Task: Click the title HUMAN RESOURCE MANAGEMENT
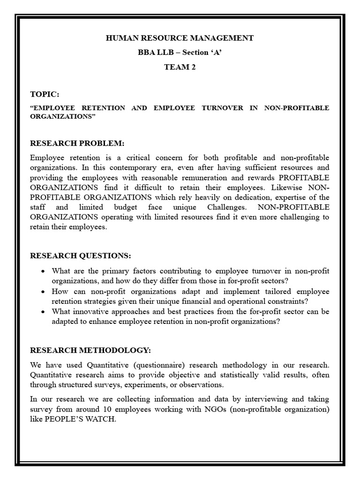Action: point(180,38)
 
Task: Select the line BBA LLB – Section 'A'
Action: point(180,52)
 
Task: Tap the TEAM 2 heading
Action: point(180,67)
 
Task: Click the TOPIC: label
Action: point(45,94)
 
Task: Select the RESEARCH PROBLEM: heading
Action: point(77,143)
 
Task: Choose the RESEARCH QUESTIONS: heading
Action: point(81,255)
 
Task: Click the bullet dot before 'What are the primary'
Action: point(43,271)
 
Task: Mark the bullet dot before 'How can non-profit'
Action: point(43,292)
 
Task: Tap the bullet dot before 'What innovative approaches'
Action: point(43,311)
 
